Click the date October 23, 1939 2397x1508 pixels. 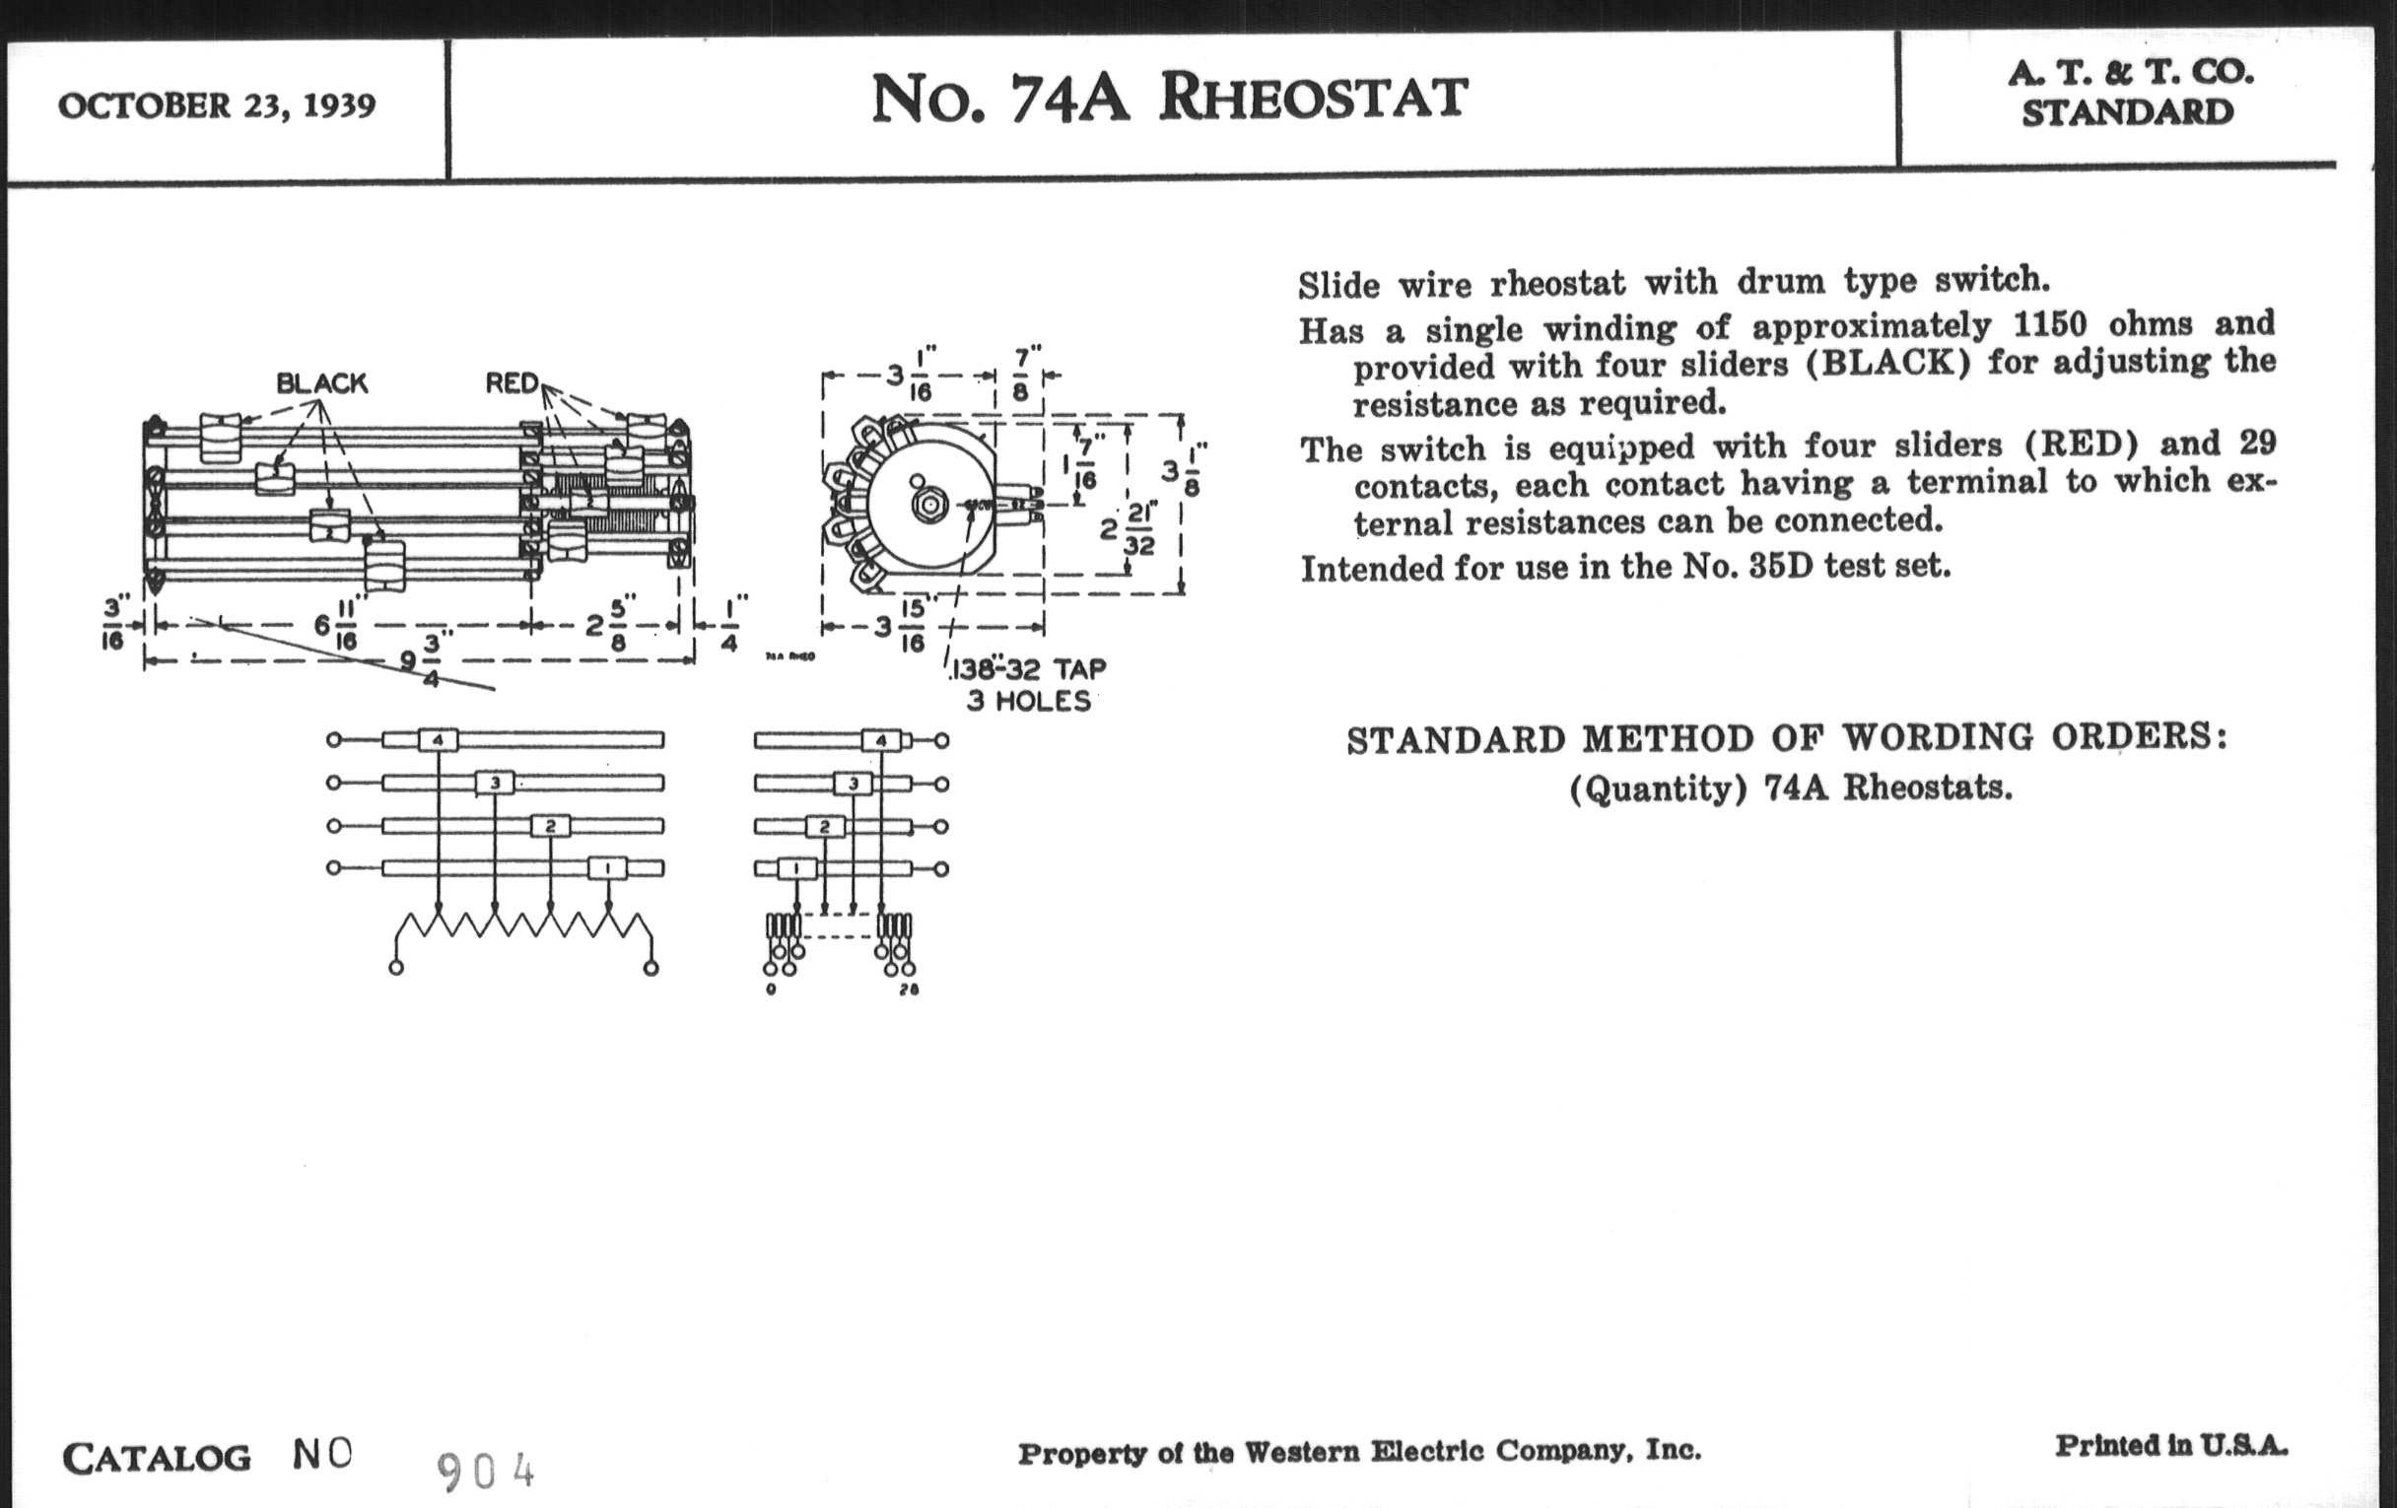click(217, 105)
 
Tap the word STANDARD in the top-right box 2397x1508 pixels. click(2127, 113)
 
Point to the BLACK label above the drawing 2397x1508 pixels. click(321, 383)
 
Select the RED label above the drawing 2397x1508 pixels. click(511, 383)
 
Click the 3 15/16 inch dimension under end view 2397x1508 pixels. click(899, 627)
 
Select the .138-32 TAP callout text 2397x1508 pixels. click(1028, 669)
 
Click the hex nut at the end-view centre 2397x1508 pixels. click(928, 505)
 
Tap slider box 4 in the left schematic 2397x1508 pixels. click(437, 740)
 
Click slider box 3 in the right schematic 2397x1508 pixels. click(853, 785)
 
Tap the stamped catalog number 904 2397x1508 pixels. click(486, 1472)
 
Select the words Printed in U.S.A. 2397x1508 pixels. click(2170, 1445)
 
